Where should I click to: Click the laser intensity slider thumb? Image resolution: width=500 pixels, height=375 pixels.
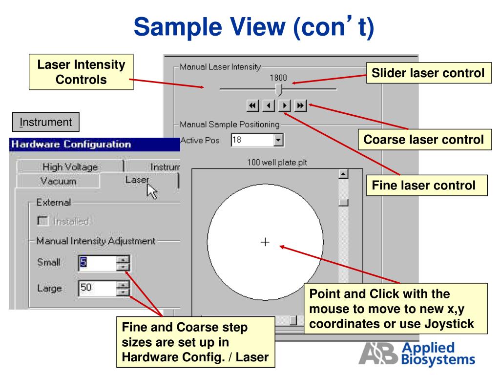(279, 89)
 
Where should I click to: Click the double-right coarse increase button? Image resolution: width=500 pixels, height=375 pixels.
(301, 105)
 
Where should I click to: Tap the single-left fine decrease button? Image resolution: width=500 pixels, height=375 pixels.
(268, 105)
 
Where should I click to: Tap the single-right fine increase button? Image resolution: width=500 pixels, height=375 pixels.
(285, 105)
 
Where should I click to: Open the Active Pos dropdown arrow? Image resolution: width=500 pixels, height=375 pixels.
(278, 140)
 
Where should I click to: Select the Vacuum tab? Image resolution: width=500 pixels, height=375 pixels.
(58, 181)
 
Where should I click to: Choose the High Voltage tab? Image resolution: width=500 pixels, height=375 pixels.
(70, 167)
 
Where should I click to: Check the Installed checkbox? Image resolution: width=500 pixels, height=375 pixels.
(42, 221)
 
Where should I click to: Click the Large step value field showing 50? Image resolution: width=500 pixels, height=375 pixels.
(96, 288)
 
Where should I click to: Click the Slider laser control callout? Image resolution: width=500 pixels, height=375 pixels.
(428, 74)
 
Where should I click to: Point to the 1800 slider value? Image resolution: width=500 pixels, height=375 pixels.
(278, 77)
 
